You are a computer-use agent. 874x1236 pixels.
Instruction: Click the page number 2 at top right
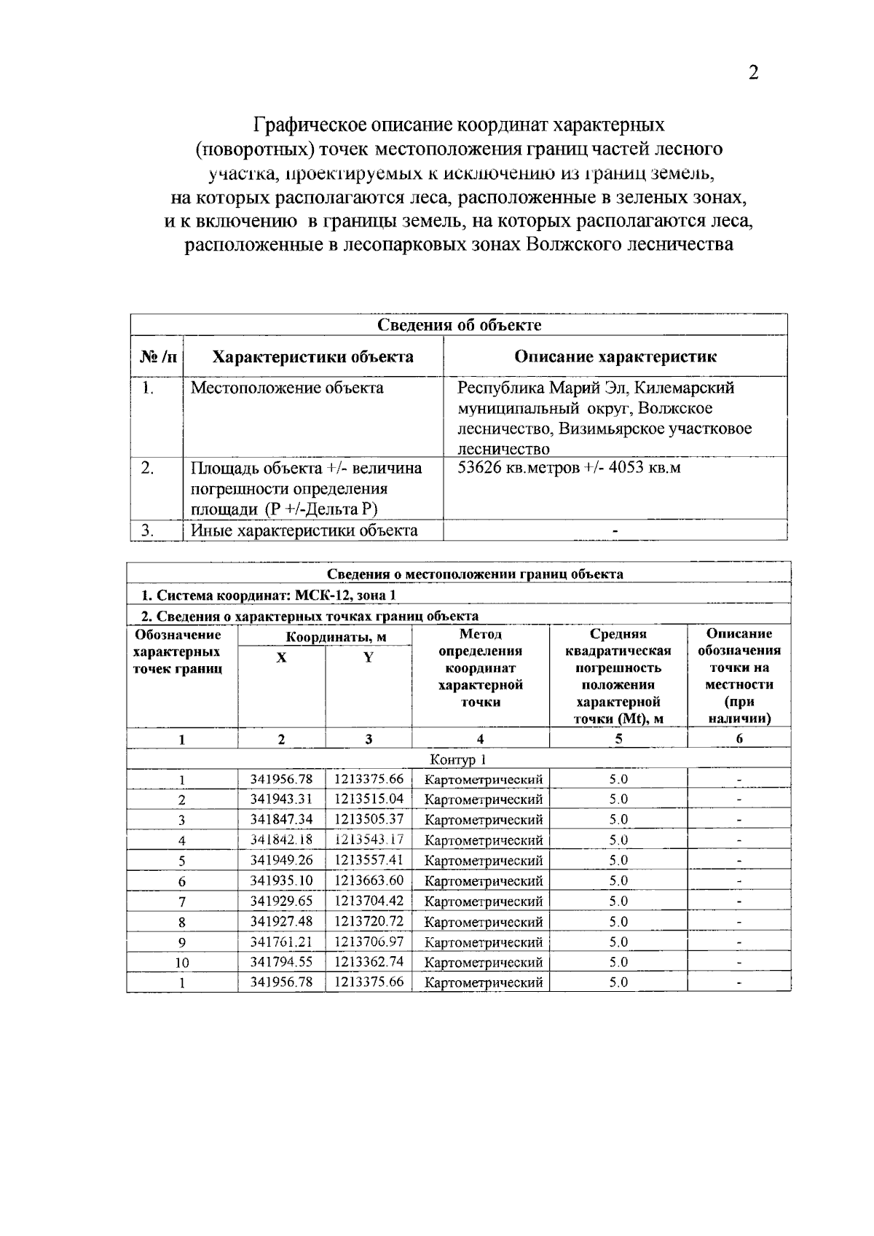pyautogui.click(x=753, y=73)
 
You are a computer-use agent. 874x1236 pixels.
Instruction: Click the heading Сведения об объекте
pyautogui.click(x=459, y=325)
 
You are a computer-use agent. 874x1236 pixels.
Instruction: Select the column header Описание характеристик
pyautogui.click(x=615, y=356)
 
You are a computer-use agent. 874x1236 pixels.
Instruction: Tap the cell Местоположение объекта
pyautogui.click(x=287, y=388)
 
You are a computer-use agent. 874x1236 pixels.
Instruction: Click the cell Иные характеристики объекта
pyautogui.click(x=304, y=530)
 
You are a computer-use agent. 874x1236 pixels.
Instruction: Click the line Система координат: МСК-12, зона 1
pyautogui.click(x=268, y=595)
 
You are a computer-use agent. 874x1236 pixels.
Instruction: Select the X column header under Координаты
pyautogui.click(x=281, y=657)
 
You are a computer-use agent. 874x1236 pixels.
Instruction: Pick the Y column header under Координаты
pyautogui.click(x=369, y=657)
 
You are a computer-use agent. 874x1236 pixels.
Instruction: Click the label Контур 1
pyautogui.click(x=459, y=760)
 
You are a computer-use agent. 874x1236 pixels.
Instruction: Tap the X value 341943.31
pyautogui.click(x=281, y=799)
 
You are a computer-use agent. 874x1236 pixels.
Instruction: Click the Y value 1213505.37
pyautogui.click(x=369, y=819)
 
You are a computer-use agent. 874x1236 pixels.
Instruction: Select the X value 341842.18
pyautogui.click(x=281, y=840)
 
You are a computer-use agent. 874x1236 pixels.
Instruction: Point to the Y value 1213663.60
pyautogui.click(x=369, y=880)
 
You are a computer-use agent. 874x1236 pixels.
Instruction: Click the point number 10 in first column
pyautogui.click(x=182, y=962)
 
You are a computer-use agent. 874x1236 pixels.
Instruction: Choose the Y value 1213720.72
pyautogui.click(x=369, y=921)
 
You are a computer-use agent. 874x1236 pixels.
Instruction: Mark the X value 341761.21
pyautogui.click(x=281, y=942)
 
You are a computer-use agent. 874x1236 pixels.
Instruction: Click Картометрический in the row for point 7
pyautogui.click(x=484, y=901)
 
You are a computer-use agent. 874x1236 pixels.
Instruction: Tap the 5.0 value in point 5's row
pyautogui.click(x=618, y=860)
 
